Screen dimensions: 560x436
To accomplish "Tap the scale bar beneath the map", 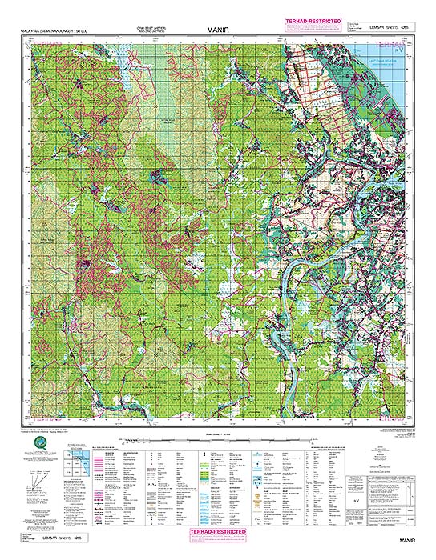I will click(x=217, y=439).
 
